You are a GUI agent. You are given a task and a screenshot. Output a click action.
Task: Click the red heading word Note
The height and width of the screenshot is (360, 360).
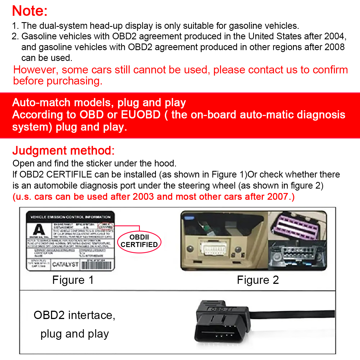[x=30, y=11]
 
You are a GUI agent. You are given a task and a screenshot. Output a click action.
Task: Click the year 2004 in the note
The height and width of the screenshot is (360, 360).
[x=335, y=36]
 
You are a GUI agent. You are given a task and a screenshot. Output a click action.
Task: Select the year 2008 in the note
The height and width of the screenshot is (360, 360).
[x=335, y=47]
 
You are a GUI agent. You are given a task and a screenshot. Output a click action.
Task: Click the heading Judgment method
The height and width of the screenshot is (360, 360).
[x=63, y=151]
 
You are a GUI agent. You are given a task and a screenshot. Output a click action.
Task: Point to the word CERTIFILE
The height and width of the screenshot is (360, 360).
[x=69, y=174]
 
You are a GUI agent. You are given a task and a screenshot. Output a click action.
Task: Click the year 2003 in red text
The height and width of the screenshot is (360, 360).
[x=143, y=197]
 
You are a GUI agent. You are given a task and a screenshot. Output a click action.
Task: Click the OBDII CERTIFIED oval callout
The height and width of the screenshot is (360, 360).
[x=139, y=241]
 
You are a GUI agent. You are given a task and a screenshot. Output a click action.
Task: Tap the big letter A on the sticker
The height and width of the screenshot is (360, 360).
[x=39, y=230]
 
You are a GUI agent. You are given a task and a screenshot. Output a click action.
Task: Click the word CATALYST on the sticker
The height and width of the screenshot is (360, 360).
[x=65, y=264]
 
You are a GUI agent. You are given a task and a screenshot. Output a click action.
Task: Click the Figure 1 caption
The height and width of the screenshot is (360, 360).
[x=73, y=280]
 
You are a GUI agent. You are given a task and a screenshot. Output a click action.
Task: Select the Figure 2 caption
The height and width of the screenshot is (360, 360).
[x=258, y=280]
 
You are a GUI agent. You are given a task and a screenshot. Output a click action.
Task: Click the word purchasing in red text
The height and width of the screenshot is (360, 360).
[x=74, y=81]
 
